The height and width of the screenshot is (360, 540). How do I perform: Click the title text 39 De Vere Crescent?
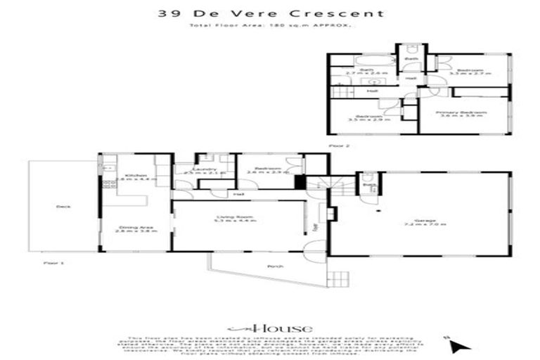click(269, 13)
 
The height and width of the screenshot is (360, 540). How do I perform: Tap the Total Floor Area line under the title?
click(269, 26)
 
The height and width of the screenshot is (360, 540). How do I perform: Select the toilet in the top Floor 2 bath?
click(411, 49)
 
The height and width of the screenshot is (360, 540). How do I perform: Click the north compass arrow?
click(458, 346)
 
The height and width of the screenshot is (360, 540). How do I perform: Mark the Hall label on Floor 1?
click(238, 194)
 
